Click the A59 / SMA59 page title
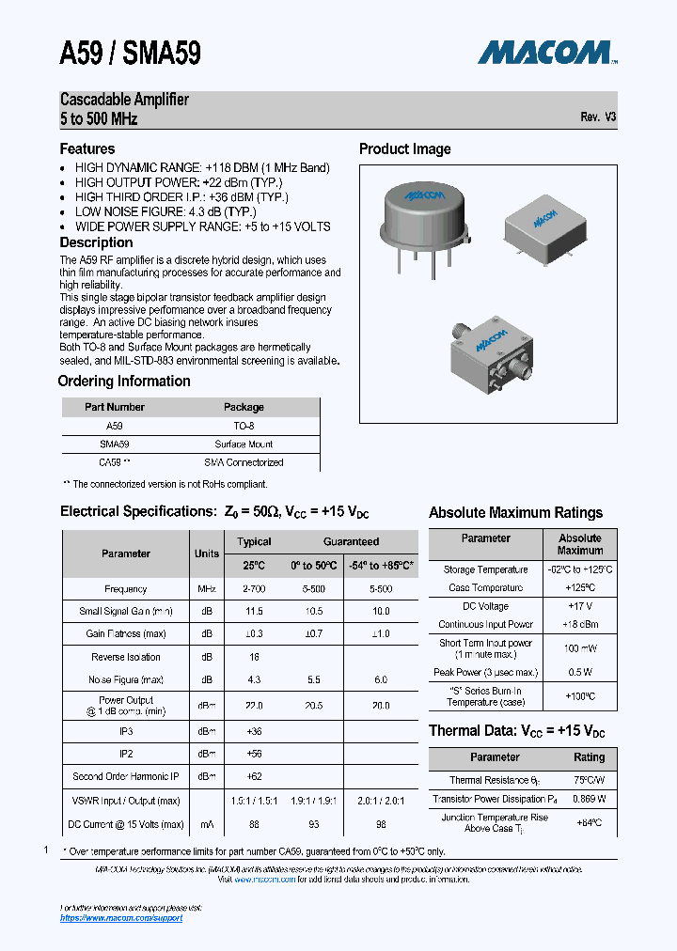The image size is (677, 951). pyautogui.click(x=130, y=54)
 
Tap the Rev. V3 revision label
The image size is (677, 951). pyautogui.click(x=598, y=117)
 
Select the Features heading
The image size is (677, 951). pyautogui.click(x=87, y=148)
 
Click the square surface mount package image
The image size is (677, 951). pyautogui.click(x=544, y=224)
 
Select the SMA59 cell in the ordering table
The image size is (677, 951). pyautogui.click(x=114, y=444)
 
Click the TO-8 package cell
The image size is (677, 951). pyautogui.click(x=244, y=426)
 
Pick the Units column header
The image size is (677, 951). pyautogui.click(x=207, y=553)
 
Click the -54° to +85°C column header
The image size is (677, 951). pyautogui.click(x=381, y=566)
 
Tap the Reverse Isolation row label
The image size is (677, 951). pyautogui.click(x=125, y=657)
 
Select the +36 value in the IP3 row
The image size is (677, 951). pyautogui.click(x=254, y=730)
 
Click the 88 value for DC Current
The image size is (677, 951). pyautogui.click(x=254, y=824)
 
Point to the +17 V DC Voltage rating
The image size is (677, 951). pyautogui.click(x=579, y=606)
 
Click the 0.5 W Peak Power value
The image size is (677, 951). pyautogui.click(x=579, y=672)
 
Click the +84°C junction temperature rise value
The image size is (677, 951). pyautogui.click(x=589, y=822)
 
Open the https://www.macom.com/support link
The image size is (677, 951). pyautogui.click(x=121, y=918)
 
